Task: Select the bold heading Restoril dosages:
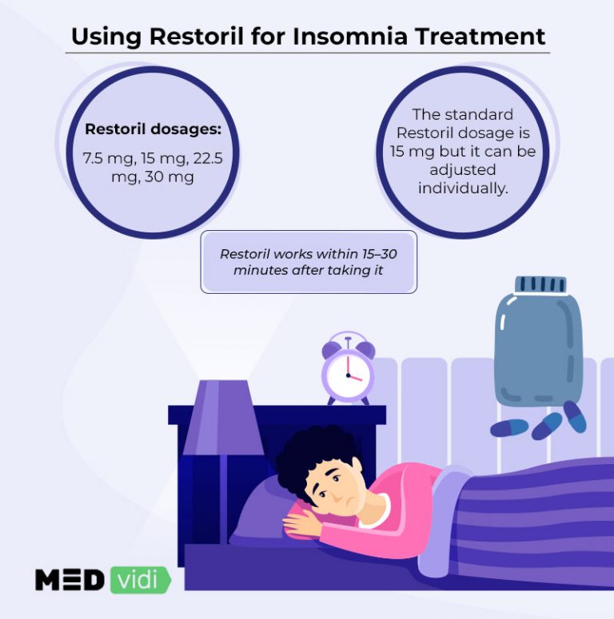153,129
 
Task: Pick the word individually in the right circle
462,188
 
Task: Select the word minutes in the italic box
259,270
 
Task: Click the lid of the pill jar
540,285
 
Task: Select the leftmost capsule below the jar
509,428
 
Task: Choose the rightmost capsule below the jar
574,416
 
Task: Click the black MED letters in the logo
70,579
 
